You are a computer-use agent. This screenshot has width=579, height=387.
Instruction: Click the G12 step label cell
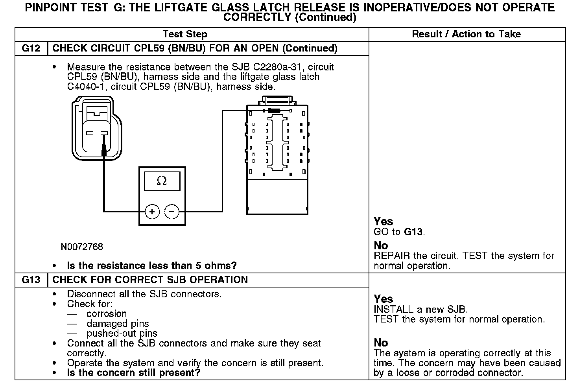tap(31, 48)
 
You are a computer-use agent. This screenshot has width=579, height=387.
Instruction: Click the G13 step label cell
tap(31, 280)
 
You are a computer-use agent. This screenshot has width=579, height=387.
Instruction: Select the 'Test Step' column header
tap(185, 34)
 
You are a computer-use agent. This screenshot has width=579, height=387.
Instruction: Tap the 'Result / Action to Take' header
tap(467, 34)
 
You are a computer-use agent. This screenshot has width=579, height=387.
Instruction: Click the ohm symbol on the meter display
tap(162, 181)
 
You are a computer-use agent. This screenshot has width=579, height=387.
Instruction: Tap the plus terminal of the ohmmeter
tap(152, 212)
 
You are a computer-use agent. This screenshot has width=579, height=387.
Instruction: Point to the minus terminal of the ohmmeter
tap(172, 212)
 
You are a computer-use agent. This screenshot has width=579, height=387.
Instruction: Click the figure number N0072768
tap(82, 247)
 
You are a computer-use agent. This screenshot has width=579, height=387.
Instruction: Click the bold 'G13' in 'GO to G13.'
tap(413, 232)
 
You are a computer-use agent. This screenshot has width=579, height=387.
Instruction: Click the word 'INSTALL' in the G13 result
tap(393, 309)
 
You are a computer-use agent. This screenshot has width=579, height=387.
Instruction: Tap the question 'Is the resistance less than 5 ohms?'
tap(152, 265)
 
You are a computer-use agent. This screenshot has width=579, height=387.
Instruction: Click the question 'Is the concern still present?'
tap(134, 372)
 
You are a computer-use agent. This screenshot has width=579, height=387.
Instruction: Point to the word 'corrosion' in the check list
tap(107, 314)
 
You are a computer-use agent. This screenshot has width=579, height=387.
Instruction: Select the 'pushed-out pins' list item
tap(122, 334)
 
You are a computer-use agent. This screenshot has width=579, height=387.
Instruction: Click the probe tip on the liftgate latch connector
tap(104, 149)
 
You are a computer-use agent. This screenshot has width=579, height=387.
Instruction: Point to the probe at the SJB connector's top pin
tap(274, 111)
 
